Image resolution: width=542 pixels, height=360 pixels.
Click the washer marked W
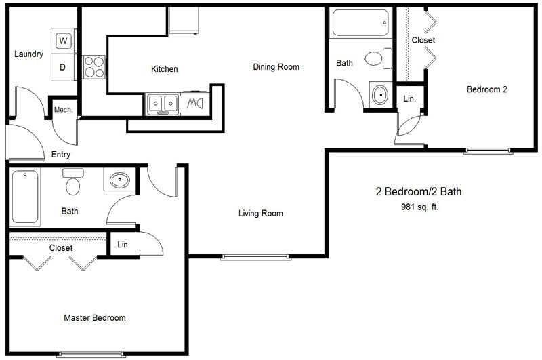click(x=63, y=41)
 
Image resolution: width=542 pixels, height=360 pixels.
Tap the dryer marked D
click(x=63, y=66)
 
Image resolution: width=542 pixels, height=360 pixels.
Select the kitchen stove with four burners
click(x=94, y=67)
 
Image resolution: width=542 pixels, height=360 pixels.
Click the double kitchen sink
click(x=163, y=104)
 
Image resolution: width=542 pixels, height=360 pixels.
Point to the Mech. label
click(x=63, y=110)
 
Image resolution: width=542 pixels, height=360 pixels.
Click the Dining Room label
click(x=276, y=67)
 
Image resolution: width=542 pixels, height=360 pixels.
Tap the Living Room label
click(x=260, y=214)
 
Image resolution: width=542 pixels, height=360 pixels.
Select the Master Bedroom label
click(x=94, y=317)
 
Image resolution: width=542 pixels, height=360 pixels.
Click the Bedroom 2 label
click(x=486, y=89)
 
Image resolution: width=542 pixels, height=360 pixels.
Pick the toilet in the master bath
click(x=72, y=184)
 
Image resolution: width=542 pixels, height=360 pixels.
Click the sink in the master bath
click(x=119, y=180)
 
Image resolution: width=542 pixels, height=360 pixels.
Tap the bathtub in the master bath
click(x=26, y=197)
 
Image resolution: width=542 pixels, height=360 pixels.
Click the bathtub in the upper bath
click(x=360, y=23)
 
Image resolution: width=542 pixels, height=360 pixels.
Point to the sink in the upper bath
click(x=380, y=94)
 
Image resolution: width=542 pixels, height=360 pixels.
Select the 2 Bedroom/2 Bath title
click(x=418, y=192)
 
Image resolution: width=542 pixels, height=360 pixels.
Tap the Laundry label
click(x=28, y=54)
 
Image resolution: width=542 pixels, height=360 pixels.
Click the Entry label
click(x=61, y=155)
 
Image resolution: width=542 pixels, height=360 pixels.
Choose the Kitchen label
click(x=164, y=69)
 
